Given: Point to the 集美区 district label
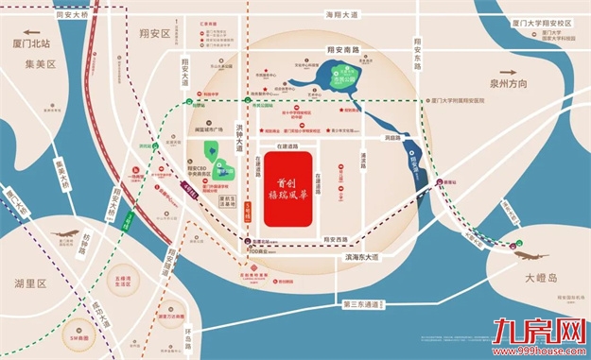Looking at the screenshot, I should pos(41,64).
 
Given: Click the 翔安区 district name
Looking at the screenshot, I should pos(152,34).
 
